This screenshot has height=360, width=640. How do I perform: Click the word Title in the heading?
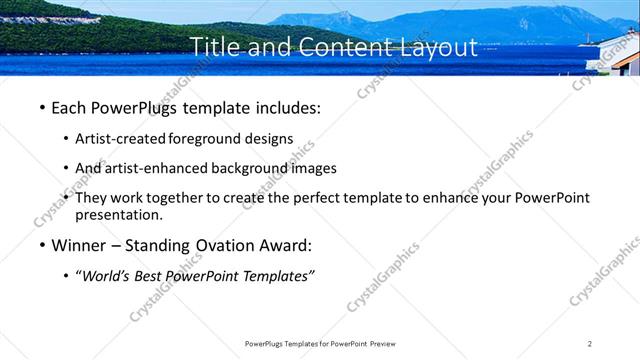(x=214, y=48)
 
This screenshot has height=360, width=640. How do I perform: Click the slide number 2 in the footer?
(x=590, y=343)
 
